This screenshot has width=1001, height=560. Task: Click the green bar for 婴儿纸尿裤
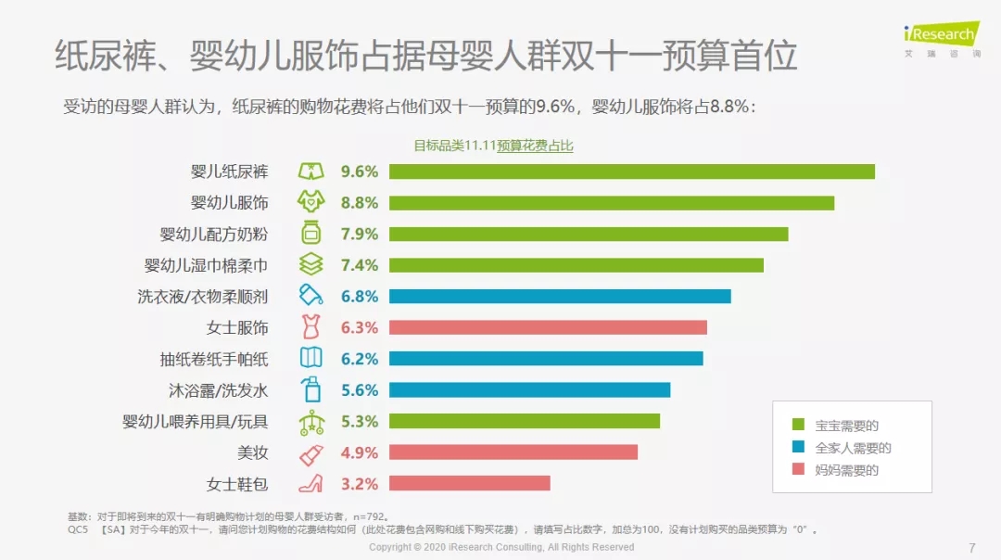click(x=632, y=172)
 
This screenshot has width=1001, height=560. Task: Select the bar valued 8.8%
click(x=612, y=203)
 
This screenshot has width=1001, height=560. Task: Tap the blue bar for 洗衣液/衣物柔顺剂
click(x=560, y=297)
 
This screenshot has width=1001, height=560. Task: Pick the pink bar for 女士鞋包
click(x=469, y=483)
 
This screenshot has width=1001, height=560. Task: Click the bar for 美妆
click(x=513, y=452)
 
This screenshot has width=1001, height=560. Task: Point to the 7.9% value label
click(x=360, y=234)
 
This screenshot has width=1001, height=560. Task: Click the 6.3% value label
click(x=360, y=327)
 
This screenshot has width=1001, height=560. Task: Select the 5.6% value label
click(x=360, y=390)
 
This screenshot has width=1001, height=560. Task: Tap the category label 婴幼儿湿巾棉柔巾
click(x=206, y=265)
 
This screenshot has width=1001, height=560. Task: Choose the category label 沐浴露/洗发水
click(x=218, y=390)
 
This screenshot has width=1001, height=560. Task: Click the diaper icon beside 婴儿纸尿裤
click(x=310, y=172)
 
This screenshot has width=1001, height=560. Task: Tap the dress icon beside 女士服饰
click(x=310, y=327)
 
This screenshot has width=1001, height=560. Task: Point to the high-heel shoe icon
click(x=310, y=483)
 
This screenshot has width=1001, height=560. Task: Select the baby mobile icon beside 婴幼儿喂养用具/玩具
click(x=310, y=422)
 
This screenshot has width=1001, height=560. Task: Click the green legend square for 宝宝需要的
click(x=798, y=426)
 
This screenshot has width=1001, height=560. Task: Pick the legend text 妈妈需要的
click(x=846, y=470)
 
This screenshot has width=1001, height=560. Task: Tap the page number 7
click(x=971, y=547)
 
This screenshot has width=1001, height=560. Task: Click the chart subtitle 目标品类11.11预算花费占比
click(x=493, y=146)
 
